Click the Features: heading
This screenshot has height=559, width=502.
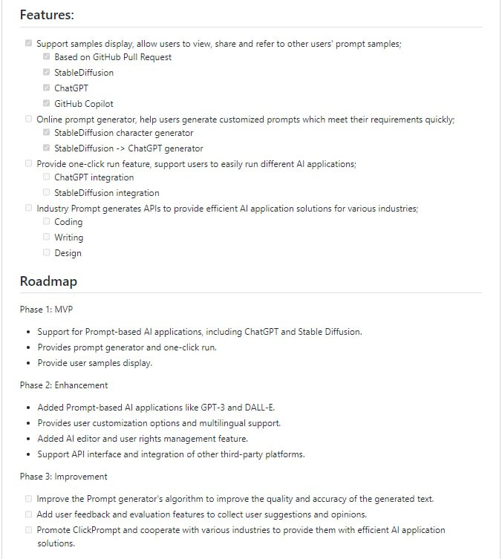[x=47, y=14]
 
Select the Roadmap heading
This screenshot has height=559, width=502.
[x=48, y=281]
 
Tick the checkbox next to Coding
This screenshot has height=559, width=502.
[x=47, y=221]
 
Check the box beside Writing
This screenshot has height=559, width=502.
[x=47, y=237]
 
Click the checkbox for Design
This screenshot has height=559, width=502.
[x=47, y=252]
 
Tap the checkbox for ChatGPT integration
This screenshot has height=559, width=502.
[x=47, y=177]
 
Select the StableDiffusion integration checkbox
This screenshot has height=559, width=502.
[x=47, y=192]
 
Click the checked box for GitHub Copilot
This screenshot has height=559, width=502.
[x=47, y=103]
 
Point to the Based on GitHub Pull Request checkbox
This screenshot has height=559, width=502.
[x=47, y=56]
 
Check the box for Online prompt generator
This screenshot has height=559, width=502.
[x=29, y=119]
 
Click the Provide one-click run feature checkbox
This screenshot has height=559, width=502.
[x=29, y=163]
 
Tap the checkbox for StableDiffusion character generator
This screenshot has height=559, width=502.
[x=47, y=132]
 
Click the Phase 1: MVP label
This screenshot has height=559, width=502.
[x=46, y=309]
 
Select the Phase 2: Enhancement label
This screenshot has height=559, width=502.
[x=64, y=385]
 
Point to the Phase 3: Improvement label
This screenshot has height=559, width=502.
[x=64, y=477]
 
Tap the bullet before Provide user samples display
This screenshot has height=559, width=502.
[x=28, y=364]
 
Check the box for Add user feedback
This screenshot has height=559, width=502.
[x=29, y=514]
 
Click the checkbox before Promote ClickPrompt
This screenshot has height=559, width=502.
[x=29, y=529]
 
